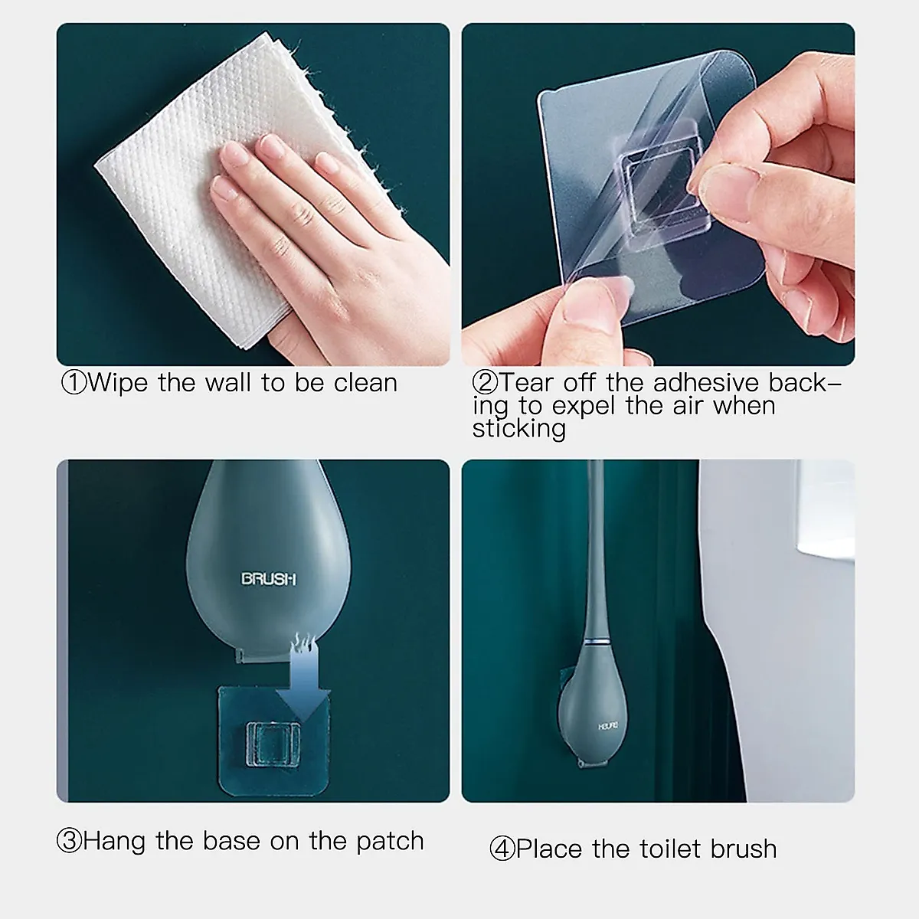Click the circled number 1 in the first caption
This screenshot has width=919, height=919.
point(74,383)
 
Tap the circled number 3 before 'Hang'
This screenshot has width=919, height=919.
point(69,841)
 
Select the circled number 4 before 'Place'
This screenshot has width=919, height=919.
point(502,849)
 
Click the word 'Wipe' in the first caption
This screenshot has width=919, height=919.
point(118,383)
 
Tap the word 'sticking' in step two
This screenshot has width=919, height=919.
point(518,429)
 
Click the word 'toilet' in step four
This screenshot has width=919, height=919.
point(662,849)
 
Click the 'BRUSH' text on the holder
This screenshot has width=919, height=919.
point(268,580)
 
